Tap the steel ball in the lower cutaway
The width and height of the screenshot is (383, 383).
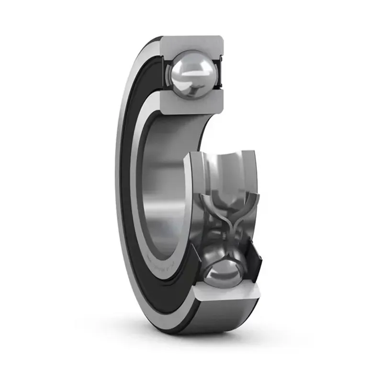pyautogui.click(x=225, y=270)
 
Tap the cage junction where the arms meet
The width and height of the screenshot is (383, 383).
pyautogui.click(x=225, y=225)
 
